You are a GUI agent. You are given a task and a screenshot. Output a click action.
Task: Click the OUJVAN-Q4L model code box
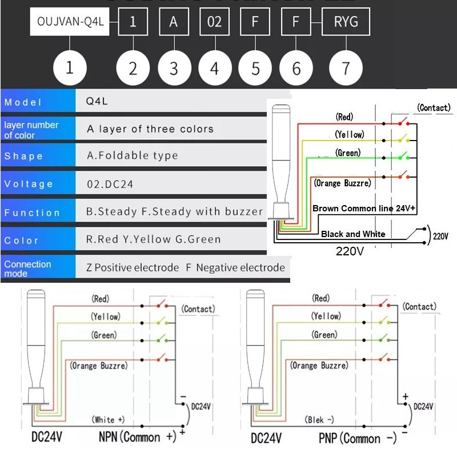[69, 22]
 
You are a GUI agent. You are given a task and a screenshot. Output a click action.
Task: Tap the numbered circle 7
[346, 68]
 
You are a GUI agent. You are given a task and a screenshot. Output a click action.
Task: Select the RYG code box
[346, 22]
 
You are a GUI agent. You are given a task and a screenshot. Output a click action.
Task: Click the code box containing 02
[214, 22]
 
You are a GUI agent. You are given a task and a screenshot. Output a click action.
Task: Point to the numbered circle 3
[174, 68]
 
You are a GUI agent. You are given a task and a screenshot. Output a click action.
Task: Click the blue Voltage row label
[38, 184]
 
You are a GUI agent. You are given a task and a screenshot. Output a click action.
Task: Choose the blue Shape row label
[38, 156]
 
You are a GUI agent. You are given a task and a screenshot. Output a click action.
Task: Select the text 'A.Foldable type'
[132, 155]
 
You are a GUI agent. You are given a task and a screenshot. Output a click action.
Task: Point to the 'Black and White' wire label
[353, 234]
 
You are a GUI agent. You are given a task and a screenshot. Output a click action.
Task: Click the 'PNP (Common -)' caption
[358, 438]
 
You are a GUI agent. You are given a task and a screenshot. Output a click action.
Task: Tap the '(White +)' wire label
[108, 420]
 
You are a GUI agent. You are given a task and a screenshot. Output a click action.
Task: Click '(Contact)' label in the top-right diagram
[434, 107]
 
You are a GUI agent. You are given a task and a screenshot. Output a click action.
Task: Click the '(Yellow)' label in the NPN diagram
[106, 316]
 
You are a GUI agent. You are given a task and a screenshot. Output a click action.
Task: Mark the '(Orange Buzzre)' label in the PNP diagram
[318, 365]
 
